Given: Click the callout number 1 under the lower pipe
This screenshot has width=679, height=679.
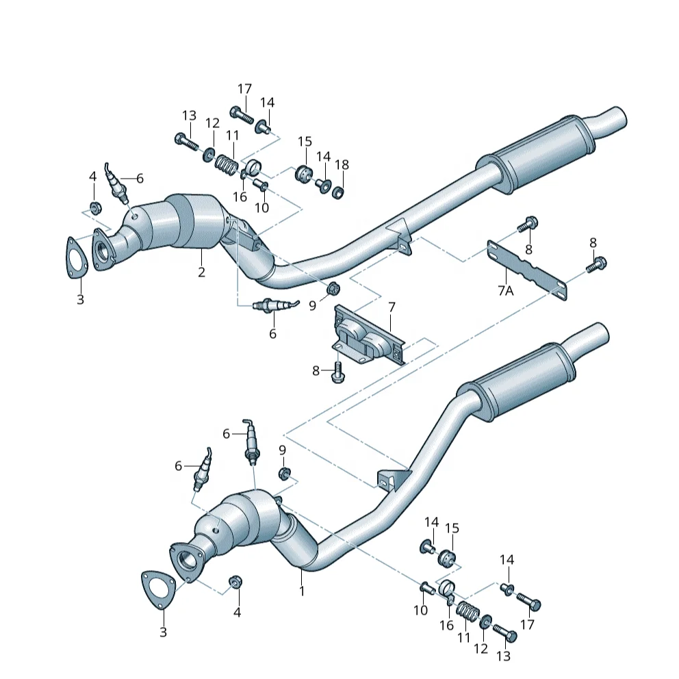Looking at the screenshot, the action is click(302, 591).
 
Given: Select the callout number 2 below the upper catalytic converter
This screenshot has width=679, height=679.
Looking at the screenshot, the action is click(201, 272).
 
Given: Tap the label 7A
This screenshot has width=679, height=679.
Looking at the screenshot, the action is click(505, 290).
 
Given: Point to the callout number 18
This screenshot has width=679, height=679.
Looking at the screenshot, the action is click(342, 164).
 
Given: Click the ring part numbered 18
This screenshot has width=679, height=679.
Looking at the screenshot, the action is click(338, 192).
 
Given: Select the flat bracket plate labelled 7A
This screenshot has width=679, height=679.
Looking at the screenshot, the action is click(526, 270).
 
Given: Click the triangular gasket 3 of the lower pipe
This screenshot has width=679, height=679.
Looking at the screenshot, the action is click(158, 589).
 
